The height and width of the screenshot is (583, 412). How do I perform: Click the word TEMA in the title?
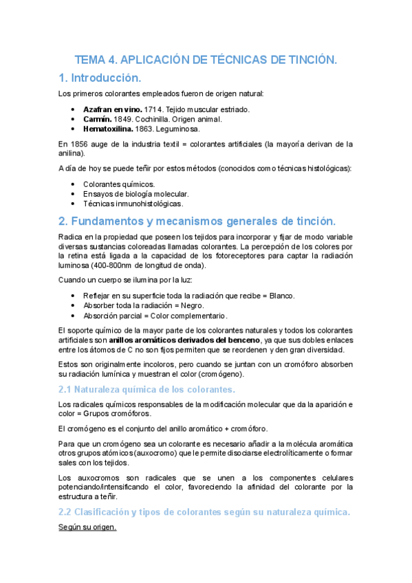tap(90, 60)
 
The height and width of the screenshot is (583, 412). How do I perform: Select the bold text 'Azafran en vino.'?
tap(112, 109)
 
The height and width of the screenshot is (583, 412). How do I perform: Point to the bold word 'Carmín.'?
tap(97, 119)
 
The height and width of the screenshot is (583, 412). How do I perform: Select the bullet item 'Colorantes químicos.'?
tap(118, 184)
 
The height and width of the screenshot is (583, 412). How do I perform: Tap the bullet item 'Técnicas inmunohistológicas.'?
tap(133, 203)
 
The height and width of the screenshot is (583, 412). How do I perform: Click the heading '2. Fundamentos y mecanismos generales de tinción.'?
tap(198, 221)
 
